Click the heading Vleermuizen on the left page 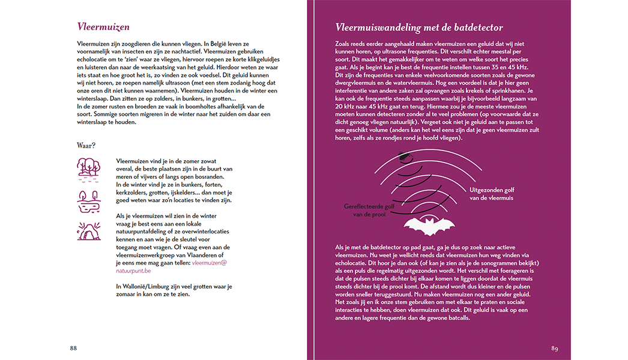[103, 27]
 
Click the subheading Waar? [86, 145]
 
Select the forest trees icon [88, 168]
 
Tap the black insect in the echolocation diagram [405, 157]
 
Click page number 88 [73, 348]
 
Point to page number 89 [555, 348]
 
